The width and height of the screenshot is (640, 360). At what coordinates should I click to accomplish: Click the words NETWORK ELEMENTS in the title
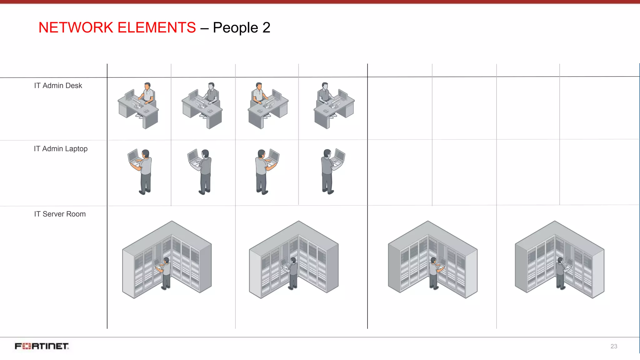[x=117, y=27]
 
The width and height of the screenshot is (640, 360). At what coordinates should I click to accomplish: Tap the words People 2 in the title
[x=241, y=27]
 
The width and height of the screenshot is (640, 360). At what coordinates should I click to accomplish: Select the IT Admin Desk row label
[x=58, y=86]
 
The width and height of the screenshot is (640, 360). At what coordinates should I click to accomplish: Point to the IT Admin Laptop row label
[x=61, y=149]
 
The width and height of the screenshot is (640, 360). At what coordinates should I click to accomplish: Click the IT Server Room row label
[x=60, y=214]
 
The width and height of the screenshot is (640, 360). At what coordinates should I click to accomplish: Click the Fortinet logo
[x=42, y=346]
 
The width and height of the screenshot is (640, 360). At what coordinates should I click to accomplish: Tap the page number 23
[x=614, y=346]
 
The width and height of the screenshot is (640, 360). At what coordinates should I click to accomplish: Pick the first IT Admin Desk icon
[x=138, y=106]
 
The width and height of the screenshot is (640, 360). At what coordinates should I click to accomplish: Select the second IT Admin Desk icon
[x=202, y=106]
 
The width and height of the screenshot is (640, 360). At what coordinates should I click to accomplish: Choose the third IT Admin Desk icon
[x=268, y=106]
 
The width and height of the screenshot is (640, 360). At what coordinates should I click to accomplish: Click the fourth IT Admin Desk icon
[x=334, y=106]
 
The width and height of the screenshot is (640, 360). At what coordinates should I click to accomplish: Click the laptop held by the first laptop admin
[x=134, y=156]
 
